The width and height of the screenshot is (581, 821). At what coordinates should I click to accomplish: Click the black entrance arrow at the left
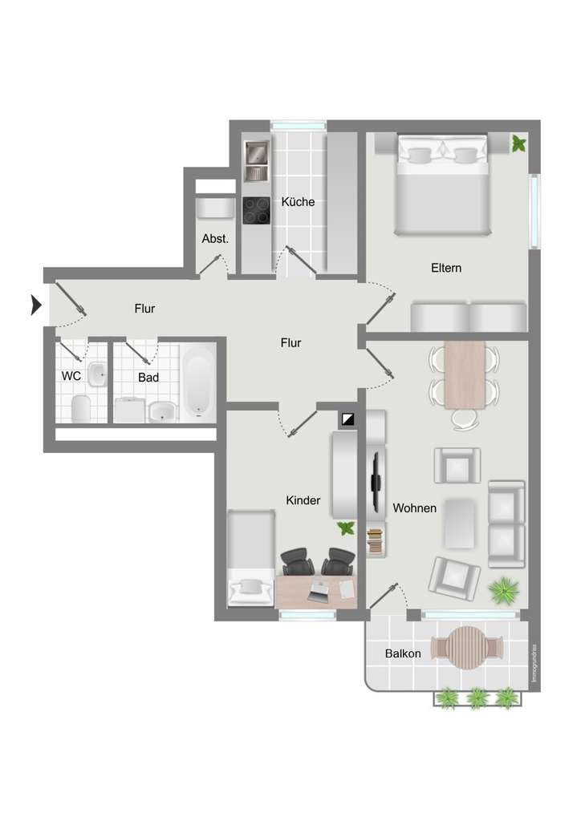tap(36, 305)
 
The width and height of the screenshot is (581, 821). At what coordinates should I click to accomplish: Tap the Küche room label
tap(298, 202)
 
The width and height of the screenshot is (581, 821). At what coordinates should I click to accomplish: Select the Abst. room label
tap(215, 239)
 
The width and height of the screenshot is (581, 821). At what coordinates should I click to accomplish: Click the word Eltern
tap(445, 268)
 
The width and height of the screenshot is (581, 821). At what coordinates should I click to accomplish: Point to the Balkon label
tap(402, 653)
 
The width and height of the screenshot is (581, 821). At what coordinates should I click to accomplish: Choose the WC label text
tap(71, 375)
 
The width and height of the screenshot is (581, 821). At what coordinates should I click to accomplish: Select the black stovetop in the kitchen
tap(257, 210)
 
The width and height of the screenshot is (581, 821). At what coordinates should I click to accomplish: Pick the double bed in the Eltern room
tap(442, 185)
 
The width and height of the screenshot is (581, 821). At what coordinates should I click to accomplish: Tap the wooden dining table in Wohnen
tap(465, 374)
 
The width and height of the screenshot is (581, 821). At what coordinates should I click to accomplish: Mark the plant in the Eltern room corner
tap(519, 144)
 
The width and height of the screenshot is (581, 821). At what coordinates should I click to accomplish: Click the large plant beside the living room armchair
tap(503, 590)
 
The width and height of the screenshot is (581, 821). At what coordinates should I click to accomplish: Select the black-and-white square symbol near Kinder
tap(347, 419)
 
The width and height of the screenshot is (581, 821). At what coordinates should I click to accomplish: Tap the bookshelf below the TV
tap(376, 540)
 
